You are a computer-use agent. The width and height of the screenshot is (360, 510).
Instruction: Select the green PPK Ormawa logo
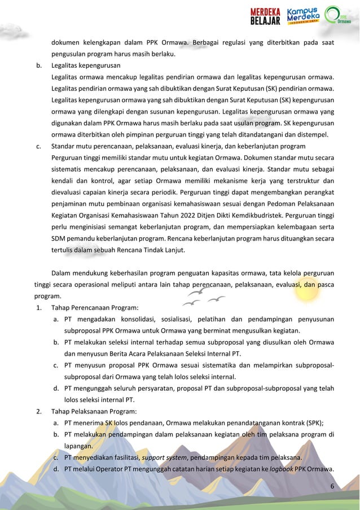click(x=340, y=16)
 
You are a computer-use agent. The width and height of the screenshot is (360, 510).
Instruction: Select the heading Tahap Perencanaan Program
click(x=95, y=308)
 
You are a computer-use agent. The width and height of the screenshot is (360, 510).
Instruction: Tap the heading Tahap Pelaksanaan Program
click(x=94, y=411)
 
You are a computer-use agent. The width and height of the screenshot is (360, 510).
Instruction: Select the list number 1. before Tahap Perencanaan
click(x=38, y=308)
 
